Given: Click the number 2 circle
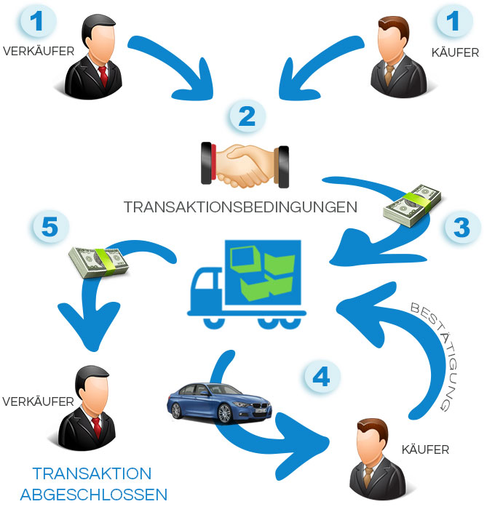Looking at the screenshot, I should pyautogui.click(x=247, y=116).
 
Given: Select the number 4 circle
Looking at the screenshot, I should pyautogui.click(x=321, y=377).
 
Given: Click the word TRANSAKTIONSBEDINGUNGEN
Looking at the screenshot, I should pyautogui.click(x=240, y=207).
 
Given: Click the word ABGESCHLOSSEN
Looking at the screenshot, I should pyautogui.click(x=94, y=495).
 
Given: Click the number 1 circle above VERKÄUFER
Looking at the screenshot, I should pyautogui.click(x=38, y=22).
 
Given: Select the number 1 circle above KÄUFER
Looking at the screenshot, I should pyautogui.click(x=454, y=22).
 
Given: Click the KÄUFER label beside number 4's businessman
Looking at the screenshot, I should pyautogui.click(x=426, y=449).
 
